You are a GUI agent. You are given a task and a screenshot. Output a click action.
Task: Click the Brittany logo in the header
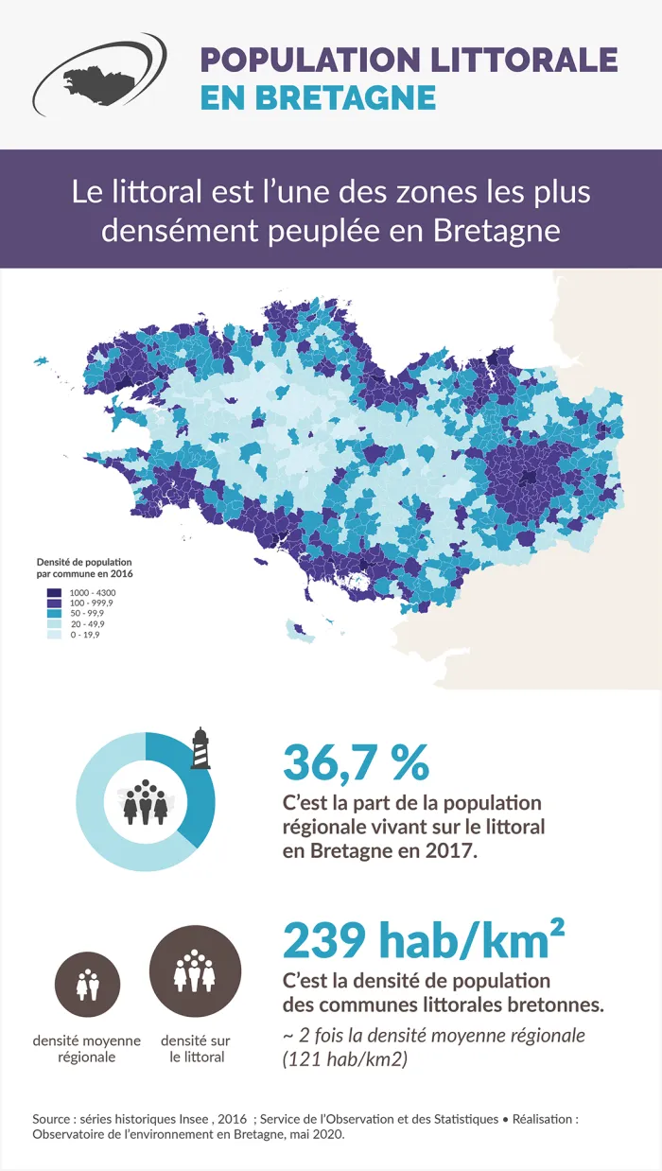tap(98, 75)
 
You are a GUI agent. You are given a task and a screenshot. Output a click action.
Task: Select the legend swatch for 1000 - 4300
tap(54, 593)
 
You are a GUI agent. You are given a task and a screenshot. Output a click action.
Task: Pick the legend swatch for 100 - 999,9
tap(54, 603)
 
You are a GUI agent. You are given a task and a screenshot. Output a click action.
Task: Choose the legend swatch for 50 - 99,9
tap(54, 614)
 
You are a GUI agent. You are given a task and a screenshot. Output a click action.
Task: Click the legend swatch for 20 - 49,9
tap(54, 624)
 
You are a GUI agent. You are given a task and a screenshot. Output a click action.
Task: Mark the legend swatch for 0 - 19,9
tap(54, 635)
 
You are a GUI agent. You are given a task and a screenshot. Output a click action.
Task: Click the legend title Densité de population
tap(84, 562)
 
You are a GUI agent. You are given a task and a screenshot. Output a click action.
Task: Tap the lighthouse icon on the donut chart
tap(200, 748)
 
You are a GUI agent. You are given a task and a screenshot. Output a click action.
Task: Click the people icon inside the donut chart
tap(146, 802)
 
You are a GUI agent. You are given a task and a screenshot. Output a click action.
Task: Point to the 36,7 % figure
tap(356, 762)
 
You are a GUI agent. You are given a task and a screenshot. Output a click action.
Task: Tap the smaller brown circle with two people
tap(87, 985)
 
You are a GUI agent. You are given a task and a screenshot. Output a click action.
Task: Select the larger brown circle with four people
tap(196, 971)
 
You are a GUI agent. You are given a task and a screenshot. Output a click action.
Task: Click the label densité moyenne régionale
tap(87, 1048)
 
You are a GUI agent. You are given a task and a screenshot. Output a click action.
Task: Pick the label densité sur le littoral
tap(196, 1048)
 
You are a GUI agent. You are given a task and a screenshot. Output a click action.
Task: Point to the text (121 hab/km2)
tap(345, 1059)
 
